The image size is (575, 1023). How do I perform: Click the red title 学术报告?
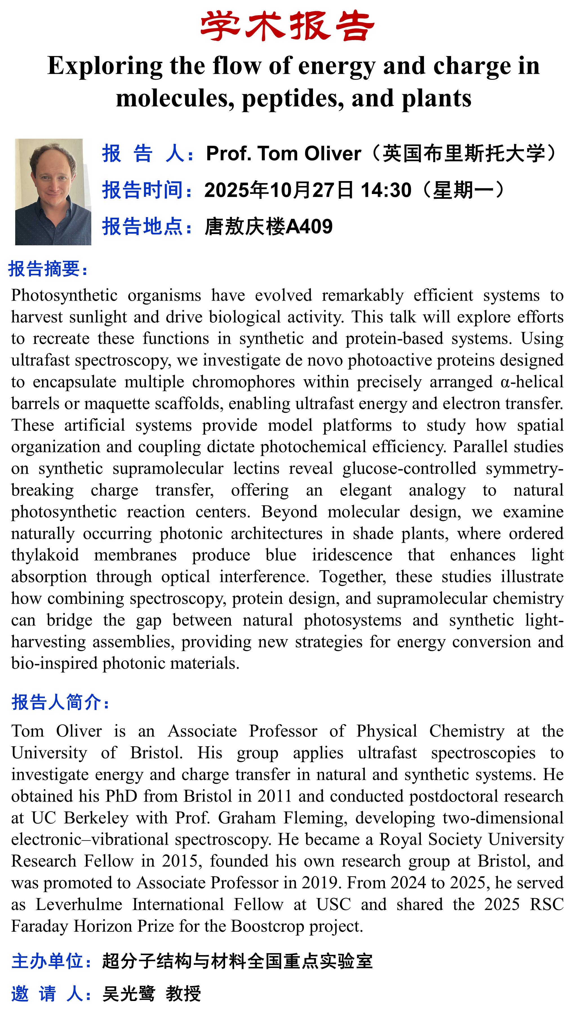tap(287, 26)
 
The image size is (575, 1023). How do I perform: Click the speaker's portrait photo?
tap(53, 192)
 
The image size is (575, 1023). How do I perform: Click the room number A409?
tap(309, 227)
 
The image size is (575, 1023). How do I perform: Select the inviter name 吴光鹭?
tap(128, 994)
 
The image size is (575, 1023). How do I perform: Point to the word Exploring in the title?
tap(105, 66)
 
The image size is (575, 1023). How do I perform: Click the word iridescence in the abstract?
tap(352, 555)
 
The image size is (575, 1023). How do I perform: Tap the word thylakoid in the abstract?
tap(45, 555)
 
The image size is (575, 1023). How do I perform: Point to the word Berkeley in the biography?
tap(96, 818)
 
